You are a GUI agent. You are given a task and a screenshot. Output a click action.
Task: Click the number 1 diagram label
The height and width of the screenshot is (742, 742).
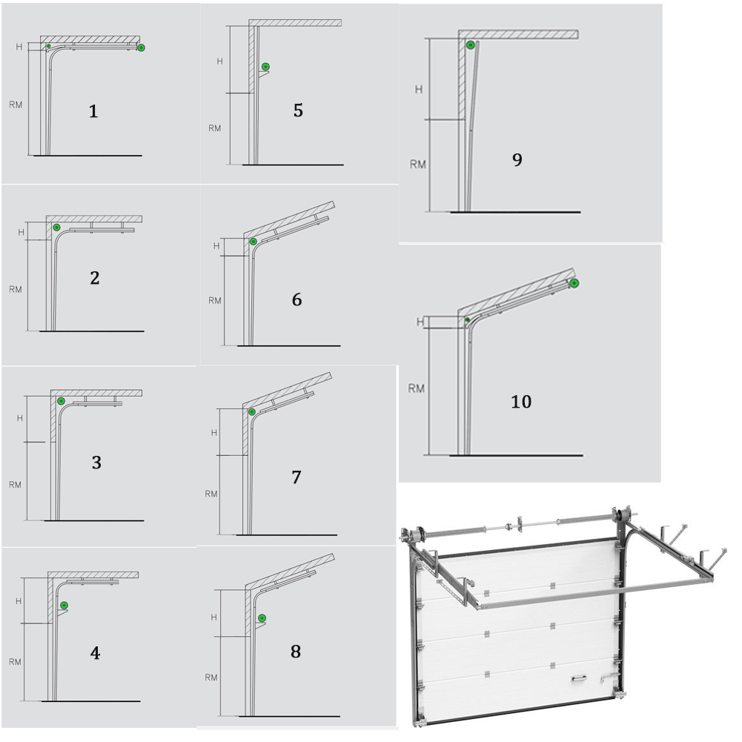(x=93, y=111)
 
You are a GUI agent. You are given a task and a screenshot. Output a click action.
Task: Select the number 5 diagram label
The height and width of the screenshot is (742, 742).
(x=298, y=110)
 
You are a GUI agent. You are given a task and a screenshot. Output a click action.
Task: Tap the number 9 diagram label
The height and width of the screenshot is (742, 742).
(x=517, y=159)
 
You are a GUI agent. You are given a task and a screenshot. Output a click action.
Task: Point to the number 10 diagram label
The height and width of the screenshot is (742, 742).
(x=521, y=402)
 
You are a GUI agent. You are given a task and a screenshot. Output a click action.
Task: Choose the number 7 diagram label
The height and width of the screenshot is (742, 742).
(x=297, y=477)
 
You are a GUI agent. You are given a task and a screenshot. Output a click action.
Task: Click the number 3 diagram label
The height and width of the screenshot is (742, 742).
(x=96, y=463)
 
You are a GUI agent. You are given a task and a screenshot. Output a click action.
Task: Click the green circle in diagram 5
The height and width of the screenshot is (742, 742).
(x=266, y=67)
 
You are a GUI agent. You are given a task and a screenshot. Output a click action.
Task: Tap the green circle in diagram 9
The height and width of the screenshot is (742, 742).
(x=471, y=45)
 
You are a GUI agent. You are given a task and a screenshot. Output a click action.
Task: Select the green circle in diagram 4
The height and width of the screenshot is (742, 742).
(x=64, y=606)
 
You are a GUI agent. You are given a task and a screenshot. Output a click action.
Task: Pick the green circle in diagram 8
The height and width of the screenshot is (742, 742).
(x=262, y=618)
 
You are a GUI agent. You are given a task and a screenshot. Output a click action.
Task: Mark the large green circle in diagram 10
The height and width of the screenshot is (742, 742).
(x=574, y=283)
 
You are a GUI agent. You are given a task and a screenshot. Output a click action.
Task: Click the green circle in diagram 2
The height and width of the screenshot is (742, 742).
(x=57, y=228)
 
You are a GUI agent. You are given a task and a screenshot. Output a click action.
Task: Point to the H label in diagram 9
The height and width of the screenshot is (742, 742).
(x=418, y=90)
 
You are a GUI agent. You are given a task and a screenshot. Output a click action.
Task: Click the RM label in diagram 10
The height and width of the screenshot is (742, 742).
(x=417, y=388)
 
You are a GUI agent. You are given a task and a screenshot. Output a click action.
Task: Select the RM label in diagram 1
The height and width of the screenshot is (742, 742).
(x=16, y=105)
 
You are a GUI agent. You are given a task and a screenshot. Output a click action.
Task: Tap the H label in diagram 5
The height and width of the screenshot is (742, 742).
(x=219, y=61)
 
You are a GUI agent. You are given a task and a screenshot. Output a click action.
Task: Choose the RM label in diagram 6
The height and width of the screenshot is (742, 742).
(x=215, y=300)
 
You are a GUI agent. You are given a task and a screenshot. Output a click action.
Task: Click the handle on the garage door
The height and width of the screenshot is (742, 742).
(x=579, y=678)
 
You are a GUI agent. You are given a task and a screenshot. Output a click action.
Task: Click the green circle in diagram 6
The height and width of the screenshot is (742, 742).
(x=254, y=242)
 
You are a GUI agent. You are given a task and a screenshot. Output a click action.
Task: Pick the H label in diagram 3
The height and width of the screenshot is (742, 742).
(x=20, y=418)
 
